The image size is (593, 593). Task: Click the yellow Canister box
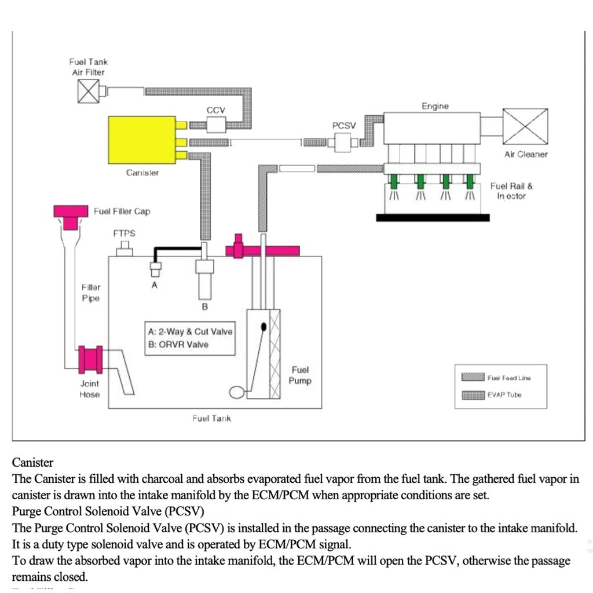pyautogui.click(x=142, y=140)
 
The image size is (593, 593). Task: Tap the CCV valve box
pyautogui.click(x=216, y=124)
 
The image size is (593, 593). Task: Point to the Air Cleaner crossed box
pyautogui.click(x=525, y=126)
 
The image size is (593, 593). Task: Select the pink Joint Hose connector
pyautogui.click(x=90, y=360)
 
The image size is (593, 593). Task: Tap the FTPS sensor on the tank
pyautogui.click(x=125, y=250)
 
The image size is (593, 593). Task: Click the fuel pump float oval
pyautogui.click(x=237, y=393)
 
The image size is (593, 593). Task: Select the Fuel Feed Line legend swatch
pyautogui.click(x=473, y=378)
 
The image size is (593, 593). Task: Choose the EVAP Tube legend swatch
pyautogui.click(x=473, y=395)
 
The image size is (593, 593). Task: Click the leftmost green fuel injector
pyautogui.click(x=394, y=181)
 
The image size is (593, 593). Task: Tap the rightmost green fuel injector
pyautogui.click(x=470, y=181)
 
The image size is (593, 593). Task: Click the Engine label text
pyautogui.click(x=435, y=106)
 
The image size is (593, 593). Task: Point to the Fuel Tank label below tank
pyautogui.click(x=211, y=418)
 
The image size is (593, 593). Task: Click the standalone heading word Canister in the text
pyautogui.click(x=32, y=463)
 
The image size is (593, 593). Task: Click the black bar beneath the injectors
pyautogui.click(x=433, y=218)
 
